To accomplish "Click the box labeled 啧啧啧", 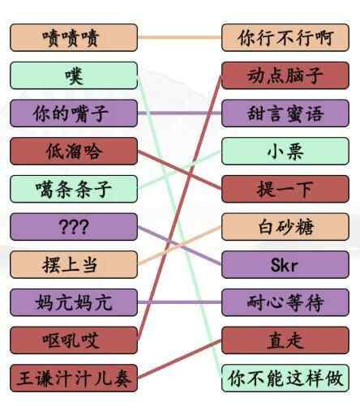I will click(x=74, y=37).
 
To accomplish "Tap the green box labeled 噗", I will click(x=74, y=75).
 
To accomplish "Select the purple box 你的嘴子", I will click(x=74, y=113).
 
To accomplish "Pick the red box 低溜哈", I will click(x=74, y=151).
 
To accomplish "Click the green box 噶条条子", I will click(x=74, y=189).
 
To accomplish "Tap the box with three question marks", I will click(x=74, y=226).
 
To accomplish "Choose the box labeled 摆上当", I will click(x=74, y=264).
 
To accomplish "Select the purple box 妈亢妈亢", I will click(x=74, y=302).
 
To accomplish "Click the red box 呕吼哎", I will click(x=74, y=340).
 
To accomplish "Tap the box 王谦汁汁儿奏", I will click(x=74, y=378).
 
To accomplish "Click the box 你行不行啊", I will click(x=285, y=37).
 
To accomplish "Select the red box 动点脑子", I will click(x=285, y=75).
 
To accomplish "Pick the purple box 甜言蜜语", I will click(x=285, y=113).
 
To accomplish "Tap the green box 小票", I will click(x=285, y=151).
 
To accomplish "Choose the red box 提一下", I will click(x=285, y=189).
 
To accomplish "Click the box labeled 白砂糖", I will click(x=285, y=226).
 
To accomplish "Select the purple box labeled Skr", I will click(x=285, y=264).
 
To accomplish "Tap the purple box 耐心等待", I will click(x=285, y=302).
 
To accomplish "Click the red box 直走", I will click(x=285, y=340).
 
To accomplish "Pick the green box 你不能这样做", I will click(x=285, y=378).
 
